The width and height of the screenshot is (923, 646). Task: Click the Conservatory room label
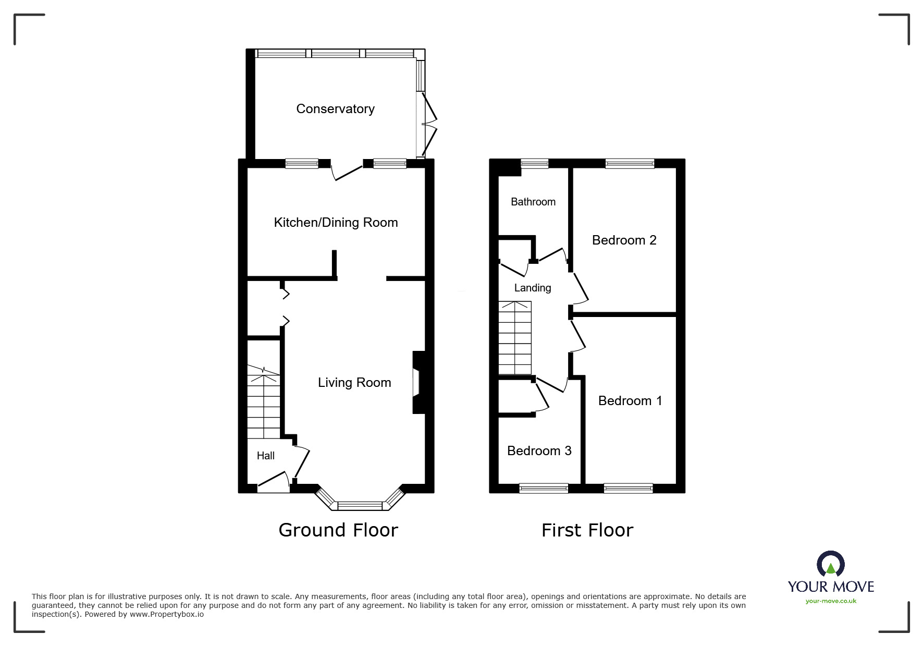335,109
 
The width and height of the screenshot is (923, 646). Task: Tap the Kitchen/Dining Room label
336,223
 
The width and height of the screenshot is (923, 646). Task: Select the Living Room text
354,383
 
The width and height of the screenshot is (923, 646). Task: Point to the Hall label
265,456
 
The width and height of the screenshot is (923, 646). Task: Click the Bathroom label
533,202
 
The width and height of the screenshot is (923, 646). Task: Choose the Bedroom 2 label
624,240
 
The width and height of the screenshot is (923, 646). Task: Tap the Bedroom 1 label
630,401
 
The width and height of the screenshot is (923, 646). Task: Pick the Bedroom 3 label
539,451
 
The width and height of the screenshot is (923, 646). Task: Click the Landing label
532,288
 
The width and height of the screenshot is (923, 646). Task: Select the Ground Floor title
338,530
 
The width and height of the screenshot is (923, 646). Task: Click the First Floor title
587,530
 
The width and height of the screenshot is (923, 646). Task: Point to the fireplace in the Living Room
419,383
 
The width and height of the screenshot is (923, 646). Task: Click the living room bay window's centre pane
360,505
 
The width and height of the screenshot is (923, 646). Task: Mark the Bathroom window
535,164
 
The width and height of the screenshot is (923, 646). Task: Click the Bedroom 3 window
544,488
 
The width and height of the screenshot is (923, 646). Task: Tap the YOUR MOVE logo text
831,587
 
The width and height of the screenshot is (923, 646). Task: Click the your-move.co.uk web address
831,601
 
